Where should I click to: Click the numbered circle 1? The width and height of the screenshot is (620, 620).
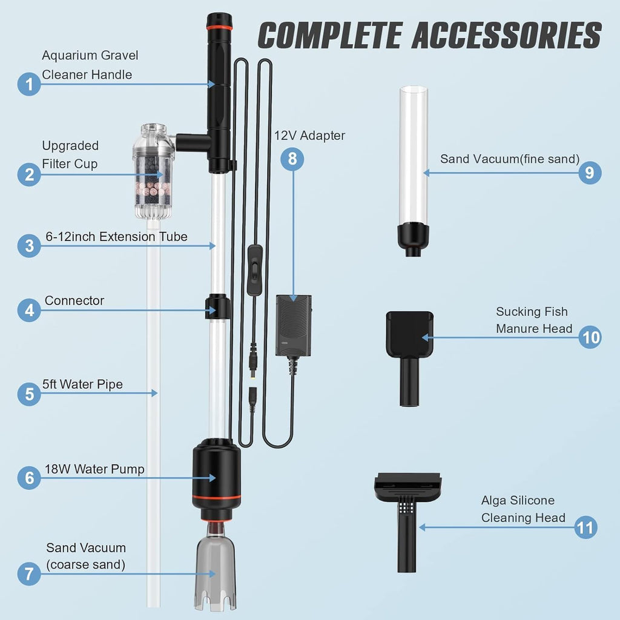pos(29,84)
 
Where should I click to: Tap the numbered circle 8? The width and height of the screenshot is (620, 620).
pos(292,159)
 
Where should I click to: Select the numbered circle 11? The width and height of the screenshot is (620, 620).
pos(585,527)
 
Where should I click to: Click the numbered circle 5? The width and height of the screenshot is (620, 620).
pos(29,394)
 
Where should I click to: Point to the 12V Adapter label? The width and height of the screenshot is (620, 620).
pos(309,136)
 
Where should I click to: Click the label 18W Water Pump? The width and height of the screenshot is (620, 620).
pos(94,469)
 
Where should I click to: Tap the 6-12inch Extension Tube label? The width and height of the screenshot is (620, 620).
pos(117,237)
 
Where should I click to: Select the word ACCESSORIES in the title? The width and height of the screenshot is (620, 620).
pos(507,35)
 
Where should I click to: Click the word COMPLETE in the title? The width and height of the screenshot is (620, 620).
pos(330,35)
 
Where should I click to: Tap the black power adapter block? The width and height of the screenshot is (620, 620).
pos(294,325)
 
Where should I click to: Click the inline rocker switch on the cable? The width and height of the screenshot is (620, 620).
pos(255,270)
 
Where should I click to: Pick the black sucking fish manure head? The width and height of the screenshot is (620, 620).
pos(410,358)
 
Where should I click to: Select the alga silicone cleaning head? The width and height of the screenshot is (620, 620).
pos(407,522)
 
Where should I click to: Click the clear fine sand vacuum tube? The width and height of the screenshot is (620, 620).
pos(413,171)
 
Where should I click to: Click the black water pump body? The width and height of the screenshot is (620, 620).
pos(217,478)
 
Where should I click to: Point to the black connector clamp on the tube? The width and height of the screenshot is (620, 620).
pos(217,306)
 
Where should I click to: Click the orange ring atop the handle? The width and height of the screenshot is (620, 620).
pos(219,28)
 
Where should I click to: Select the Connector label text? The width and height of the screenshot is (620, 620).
pos(74,300)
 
